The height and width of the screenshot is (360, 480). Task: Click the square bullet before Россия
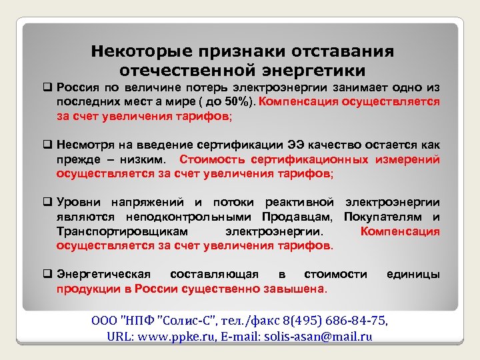(48, 88)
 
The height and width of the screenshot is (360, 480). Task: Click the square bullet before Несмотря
(48, 145)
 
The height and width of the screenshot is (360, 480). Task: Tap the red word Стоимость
(212, 159)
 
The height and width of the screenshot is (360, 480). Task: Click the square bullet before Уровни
(48, 202)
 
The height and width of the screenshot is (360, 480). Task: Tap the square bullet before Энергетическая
(48, 274)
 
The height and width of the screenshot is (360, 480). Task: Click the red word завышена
(295, 289)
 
